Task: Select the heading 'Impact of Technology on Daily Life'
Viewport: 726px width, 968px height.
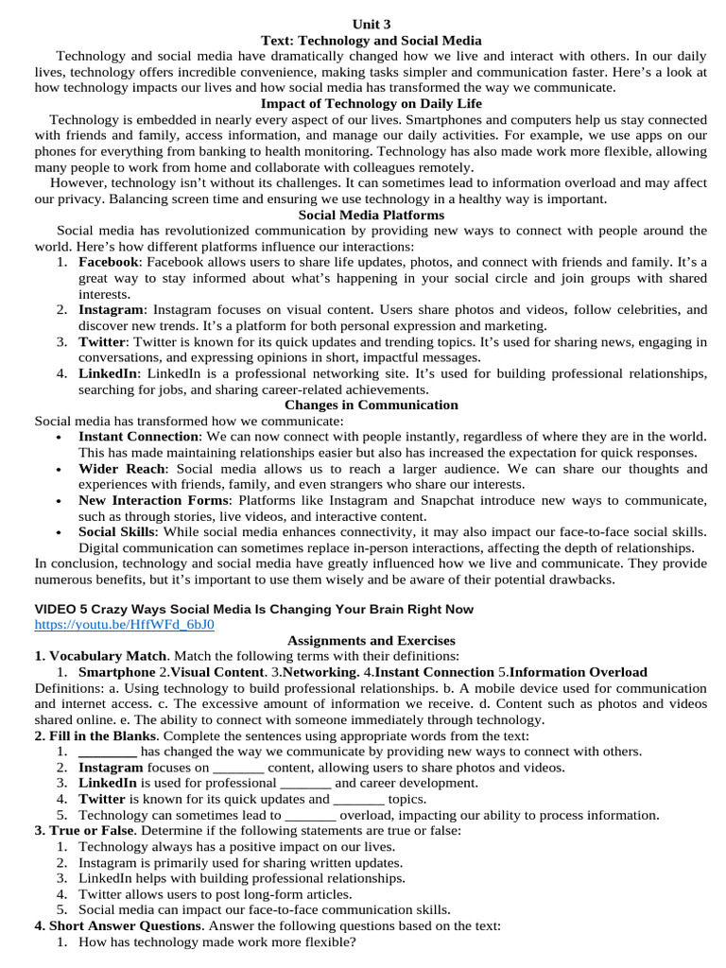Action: coord(371,103)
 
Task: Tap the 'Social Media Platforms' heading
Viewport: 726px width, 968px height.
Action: coord(371,215)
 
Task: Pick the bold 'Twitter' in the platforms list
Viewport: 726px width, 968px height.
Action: coord(101,341)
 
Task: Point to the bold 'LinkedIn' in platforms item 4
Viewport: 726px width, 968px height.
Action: coord(108,373)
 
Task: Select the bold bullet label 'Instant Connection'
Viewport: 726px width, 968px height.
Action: coord(139,437)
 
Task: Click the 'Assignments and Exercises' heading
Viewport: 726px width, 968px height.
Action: coord(371,640)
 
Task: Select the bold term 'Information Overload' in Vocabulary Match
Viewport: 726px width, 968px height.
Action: coord(579,672)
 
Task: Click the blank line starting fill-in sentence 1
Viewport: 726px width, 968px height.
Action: coord(108,752)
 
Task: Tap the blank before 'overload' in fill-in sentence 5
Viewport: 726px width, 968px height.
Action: coord(310,815)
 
